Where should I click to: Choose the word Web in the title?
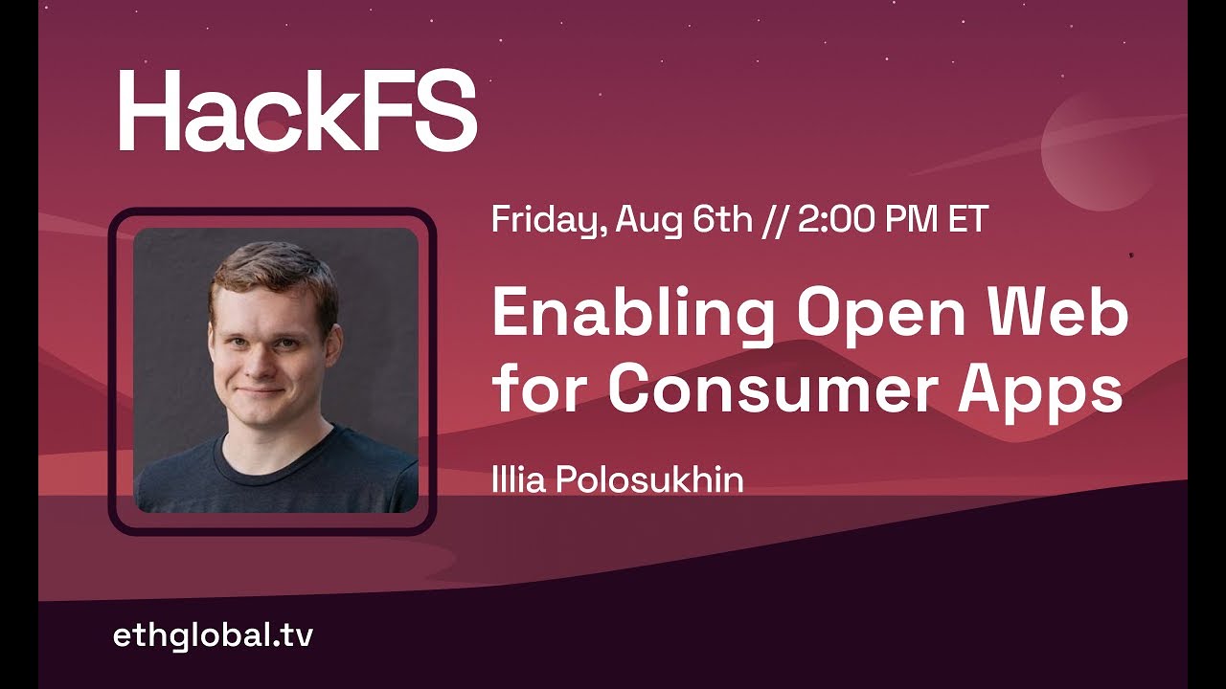coord(1059,314)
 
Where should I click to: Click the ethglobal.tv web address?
coord(213,635)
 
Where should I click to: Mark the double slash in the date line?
coord(775,221)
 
